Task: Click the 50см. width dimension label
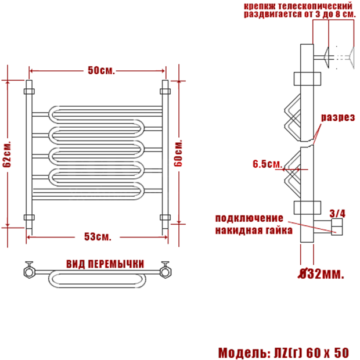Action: (x=101, y=70)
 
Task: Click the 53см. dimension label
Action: (x=98, y=236)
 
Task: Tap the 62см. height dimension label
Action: (x=7, y=154)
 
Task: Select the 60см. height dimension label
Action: (x=178, y=153)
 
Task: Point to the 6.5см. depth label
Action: (x=267, y=164)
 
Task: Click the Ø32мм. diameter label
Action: (x=322, y=273)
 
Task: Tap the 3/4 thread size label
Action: (x=337, y=214)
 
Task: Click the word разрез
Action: (x=338, y=117)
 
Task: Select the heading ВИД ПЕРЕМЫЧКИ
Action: (x=105, y=264)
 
